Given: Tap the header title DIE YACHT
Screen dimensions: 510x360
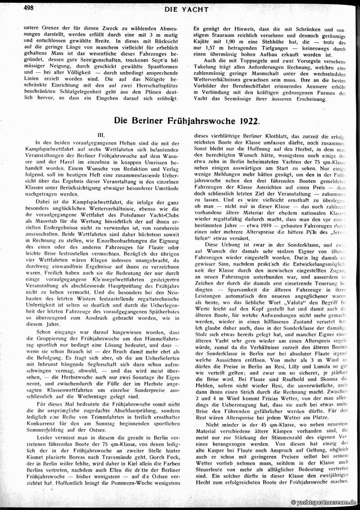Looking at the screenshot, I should (x=186, y=9).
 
